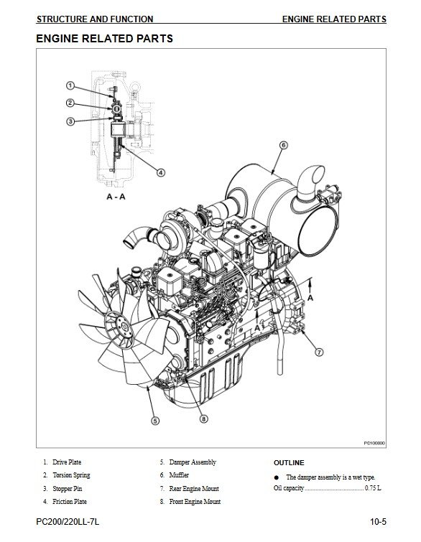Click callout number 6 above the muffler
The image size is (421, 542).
pyautogui.click(x=283, y=145)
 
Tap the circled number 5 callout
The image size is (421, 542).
pyautogui.click(x=155, y=421)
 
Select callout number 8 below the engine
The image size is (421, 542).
pyautogui.click(x=204, y=419)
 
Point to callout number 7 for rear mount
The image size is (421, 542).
pyautogui.click(x=319, y=352)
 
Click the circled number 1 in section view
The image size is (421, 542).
pyautogui.click(x=70, y=85)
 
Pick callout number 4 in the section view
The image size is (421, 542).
pyautogui.click(x=160, y=172)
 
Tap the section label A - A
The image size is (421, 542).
pyautogui.click(x=116, y=197)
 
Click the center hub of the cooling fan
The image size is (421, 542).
pyautogui.click(x=119, y=327)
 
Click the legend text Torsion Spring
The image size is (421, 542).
pyautogui.click(x=71, y=475)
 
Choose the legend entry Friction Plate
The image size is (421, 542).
pyautogui.click(x=70, y=502)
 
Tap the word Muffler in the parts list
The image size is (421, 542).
pyautogui.click(x=179, y=475)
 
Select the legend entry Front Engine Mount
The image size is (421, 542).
pyautogui.click(x=195, y=502)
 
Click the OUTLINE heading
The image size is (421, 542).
pyautogui.click(x=289, y=463)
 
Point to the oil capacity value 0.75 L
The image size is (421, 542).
pyautogui.click(x=373, y=488)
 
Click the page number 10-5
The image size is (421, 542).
pyautogui.click(x=378, y=522)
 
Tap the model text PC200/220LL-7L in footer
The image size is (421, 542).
pyautogui.click(x=68, y=522)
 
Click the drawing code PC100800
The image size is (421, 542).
pyautogui.click(x=374, y=443)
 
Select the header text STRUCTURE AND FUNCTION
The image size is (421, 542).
pyautogui.click(x=95, y=19)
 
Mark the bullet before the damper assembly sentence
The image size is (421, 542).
pyautogui.click(x=276, y=477)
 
